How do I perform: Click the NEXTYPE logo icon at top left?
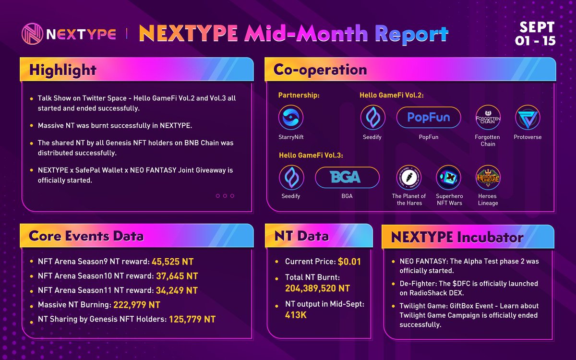coord(32,34)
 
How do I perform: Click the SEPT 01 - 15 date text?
coord(535,34)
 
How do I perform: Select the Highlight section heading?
coord(63,70)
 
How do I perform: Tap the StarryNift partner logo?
coord(291,118)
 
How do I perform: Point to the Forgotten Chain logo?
coord(488,118)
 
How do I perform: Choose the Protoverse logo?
coord(528,118)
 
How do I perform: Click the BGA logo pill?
coord(347,178)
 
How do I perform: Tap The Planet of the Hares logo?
coord(408,178)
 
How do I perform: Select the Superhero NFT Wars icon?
coord(449,178)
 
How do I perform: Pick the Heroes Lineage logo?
coord(488,178)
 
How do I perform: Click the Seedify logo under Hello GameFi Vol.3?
coord(291,178)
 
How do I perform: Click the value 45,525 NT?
coord(172,262)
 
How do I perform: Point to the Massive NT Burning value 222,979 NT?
coord(136,305)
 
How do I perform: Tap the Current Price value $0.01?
coord(349,262)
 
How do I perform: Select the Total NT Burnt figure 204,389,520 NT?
coord(317,288)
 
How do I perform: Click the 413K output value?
coord(296,315)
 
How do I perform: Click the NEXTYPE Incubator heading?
coord(457,237)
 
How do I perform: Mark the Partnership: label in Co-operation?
coord(299,96)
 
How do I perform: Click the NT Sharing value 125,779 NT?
coord(192,320)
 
